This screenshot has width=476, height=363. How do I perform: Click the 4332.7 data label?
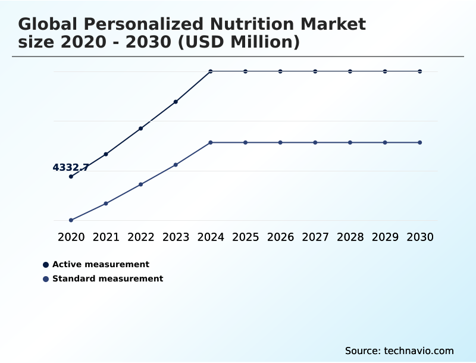pyautogui.click(x=71, y=168)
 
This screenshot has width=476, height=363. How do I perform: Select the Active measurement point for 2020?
pyautogui.click(x=71, y=177)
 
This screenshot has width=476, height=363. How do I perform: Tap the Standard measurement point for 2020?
pyautogui.click(x=71, y=220)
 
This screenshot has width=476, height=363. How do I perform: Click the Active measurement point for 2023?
pyautogui.click(x=176, y=102)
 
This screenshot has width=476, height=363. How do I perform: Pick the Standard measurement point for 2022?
pyautogui.click(x=141, y=184)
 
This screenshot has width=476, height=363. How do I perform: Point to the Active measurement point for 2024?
pyautogui.click(x=211, y=71)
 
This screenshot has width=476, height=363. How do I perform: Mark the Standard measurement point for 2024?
pyautogui.click(x=211, y=143)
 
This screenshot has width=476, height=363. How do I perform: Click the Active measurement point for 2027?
pyautogui.click(x=315, y=71)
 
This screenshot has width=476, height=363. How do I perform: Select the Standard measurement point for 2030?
pyautogui.click(x=420, y=143)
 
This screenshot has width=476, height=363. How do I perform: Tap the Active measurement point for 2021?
pyautogui.click(x=106, y=154)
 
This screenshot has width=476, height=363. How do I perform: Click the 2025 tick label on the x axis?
pyautogui.click(x=245, y=237)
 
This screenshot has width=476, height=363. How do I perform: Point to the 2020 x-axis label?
pyautogui.click(x=71, y=237)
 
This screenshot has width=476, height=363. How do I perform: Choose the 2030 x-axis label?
pyautogui.click(x=420, y=237)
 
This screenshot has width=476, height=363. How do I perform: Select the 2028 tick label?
pyautogui.click(x=350, y=237)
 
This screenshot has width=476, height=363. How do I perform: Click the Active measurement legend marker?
pyautogui.click(x=46, y=265)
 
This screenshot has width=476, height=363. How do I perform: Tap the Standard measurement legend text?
pyautogui.click(x=108, y=278)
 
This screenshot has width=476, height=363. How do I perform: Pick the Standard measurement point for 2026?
pyautogui.click(x=280, y=143)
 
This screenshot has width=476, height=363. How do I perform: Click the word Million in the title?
pyautogui.click(x=259, y=42)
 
